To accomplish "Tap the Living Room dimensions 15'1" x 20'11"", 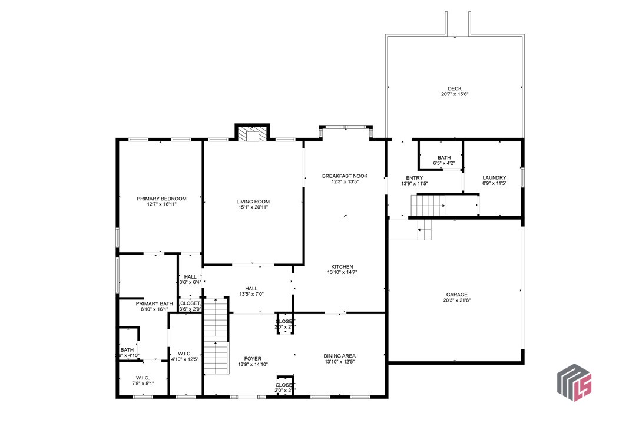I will tap(253, 207).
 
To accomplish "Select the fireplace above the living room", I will tap(252, 134).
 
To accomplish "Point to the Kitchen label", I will tap(342, 266).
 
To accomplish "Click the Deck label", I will tap(454, 89).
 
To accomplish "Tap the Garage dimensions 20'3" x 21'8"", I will tap(456, 300).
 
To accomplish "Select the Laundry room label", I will tap(494, 178).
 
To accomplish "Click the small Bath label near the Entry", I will tap(443, 158).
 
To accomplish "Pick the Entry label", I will tap(414, 178).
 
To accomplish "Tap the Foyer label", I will tap(253, 359).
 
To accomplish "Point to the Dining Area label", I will tap(339, 356).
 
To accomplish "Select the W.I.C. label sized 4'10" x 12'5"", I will tap(185, 354).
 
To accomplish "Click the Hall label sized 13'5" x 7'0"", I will tap(251, 288).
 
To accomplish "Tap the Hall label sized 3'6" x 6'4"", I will tap(190, 277).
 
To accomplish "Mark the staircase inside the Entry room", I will tap(428, 206).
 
